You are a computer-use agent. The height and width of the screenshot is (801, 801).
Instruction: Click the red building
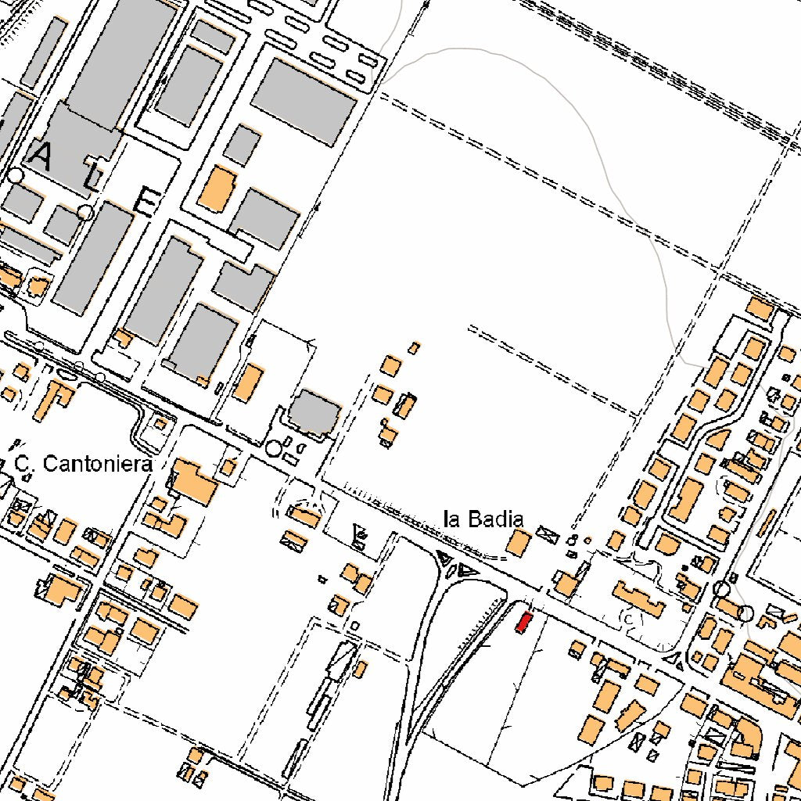523,623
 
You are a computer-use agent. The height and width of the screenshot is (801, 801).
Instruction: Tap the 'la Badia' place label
483,519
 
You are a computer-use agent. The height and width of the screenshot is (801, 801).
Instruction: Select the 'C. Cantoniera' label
84,465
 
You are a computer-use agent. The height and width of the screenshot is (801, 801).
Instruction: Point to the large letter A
41,159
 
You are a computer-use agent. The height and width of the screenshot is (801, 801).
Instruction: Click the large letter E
146,202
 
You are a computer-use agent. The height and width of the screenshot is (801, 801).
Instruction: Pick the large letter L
93,182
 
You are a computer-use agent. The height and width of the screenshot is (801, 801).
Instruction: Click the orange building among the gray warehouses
217,189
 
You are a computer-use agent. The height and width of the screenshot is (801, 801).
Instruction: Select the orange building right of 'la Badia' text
517,542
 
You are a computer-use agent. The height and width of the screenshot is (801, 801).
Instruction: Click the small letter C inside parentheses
627,619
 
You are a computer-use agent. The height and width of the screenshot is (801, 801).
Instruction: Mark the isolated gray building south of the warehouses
315,412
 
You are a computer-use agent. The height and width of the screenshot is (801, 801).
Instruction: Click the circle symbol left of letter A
16,175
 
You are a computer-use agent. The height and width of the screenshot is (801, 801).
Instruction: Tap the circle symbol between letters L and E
85,212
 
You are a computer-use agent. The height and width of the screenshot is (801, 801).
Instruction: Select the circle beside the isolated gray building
273,448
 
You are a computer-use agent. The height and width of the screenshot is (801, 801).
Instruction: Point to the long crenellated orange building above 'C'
639,598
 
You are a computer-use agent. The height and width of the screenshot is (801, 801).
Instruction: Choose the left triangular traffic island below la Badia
444,559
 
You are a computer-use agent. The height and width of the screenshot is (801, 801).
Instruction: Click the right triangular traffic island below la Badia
468,570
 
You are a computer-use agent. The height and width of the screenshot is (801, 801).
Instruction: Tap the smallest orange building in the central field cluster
415,347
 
